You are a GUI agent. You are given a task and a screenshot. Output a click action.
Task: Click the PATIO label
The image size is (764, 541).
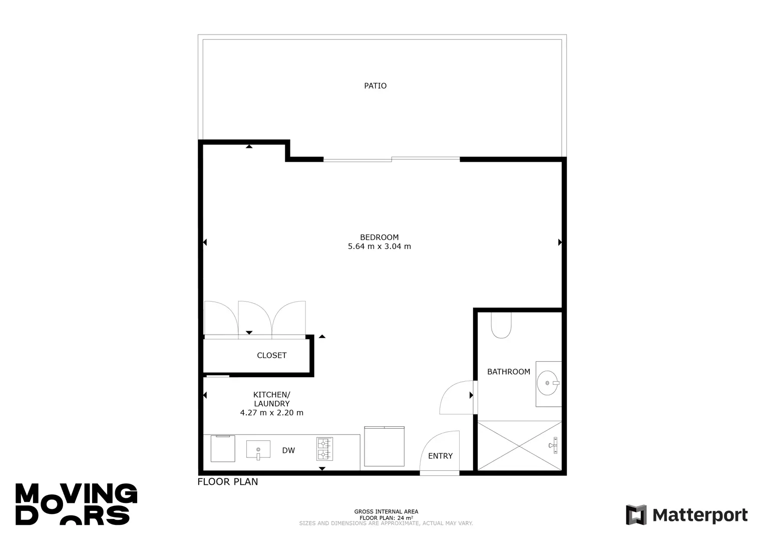(375, 86)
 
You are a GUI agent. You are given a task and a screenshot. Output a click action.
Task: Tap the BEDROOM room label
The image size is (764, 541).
(379, 237)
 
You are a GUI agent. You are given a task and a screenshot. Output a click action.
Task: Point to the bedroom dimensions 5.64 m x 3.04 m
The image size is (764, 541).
(379, 246)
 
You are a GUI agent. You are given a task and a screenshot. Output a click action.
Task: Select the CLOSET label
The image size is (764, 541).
(271, 355)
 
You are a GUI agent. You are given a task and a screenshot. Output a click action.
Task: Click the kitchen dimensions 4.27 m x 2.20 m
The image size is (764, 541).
(271, 413)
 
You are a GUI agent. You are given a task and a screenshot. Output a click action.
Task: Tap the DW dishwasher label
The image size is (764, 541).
(288, 450)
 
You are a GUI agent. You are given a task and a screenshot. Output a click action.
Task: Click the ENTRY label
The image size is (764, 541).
(440, 456)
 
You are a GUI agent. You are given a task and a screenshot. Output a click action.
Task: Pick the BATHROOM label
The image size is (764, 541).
(509, 372)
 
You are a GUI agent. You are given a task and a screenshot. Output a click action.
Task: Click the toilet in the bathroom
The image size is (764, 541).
(501, 325)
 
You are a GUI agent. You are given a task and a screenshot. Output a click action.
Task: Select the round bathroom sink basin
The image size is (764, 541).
(547, 383)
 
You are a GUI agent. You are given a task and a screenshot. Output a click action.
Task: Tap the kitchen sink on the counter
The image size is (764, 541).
(258, 449)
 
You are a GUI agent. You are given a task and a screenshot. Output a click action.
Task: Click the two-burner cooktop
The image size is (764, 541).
(324, 449)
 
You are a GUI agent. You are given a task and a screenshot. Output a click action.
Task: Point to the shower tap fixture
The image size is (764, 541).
(553, 445)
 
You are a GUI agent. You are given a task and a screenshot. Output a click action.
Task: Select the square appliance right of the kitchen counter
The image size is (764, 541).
(384, 446)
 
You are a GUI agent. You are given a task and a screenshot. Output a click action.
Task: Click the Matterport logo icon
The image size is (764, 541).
(636, 514)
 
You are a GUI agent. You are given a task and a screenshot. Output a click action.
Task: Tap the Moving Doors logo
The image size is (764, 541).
(76, 504)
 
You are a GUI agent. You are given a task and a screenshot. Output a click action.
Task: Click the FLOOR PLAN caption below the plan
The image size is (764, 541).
(227, 481)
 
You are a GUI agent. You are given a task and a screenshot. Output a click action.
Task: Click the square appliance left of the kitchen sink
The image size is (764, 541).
(223, 448)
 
